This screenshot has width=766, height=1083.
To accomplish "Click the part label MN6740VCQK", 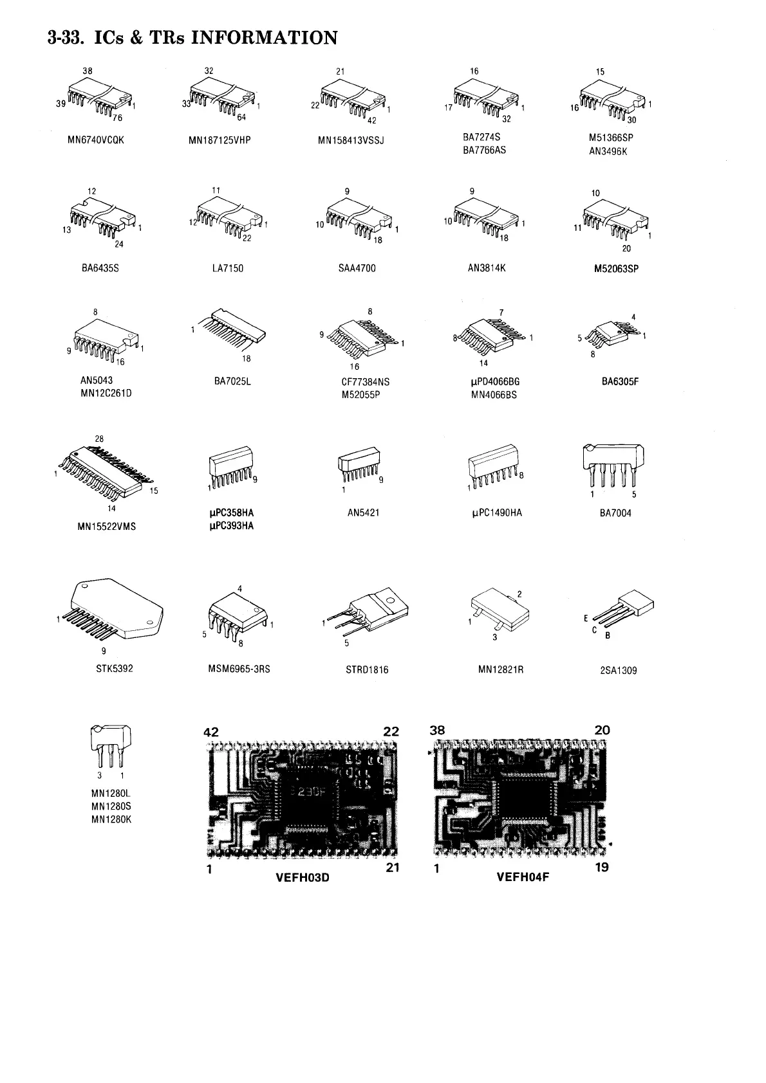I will tap(95, 140).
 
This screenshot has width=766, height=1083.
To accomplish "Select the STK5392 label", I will tap(115, 669).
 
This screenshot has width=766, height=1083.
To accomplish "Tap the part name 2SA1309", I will tap(618, 671).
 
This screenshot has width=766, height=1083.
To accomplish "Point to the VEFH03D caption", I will tap(302, 877).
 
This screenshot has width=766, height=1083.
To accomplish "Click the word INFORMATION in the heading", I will tap(265, 38).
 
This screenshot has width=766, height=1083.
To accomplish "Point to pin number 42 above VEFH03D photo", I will tap(210, 732).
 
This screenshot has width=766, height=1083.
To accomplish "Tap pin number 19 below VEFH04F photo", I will tap(602, 867).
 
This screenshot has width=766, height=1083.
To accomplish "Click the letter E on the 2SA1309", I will tap(586, 619).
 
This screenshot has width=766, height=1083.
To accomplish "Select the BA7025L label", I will tap(232, 381).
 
